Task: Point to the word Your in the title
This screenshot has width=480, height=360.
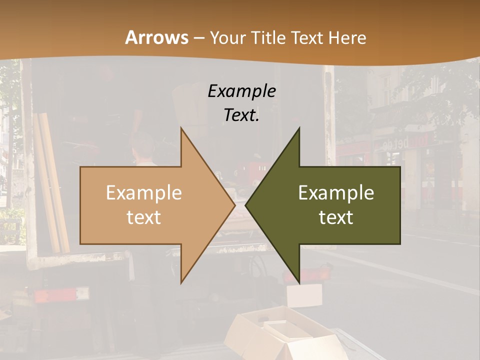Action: pyautogui.click(x=227, y=38)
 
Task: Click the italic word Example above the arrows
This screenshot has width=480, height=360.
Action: pyautogui.click(x=241, y=91)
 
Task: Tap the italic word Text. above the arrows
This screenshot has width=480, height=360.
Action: pyautogui.click(x=241, y=115)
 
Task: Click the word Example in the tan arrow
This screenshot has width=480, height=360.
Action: pyautogui.click(x=143, y=193)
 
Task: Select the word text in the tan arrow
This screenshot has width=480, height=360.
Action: pyautogui.click(x=143, y=217)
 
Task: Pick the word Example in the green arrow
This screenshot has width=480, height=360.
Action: pyautogui.click(x=336, y=193)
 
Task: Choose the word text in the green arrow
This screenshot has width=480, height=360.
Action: pyautogui.click(x=336, y=217)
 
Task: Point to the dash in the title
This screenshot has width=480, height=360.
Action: pyautogui.click(x=198, y=38)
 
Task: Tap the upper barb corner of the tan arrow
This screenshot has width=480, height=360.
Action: pyautogui.click(x=181, y=129)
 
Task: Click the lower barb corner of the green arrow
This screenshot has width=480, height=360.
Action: pyautogui.click(x=299, y=282)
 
